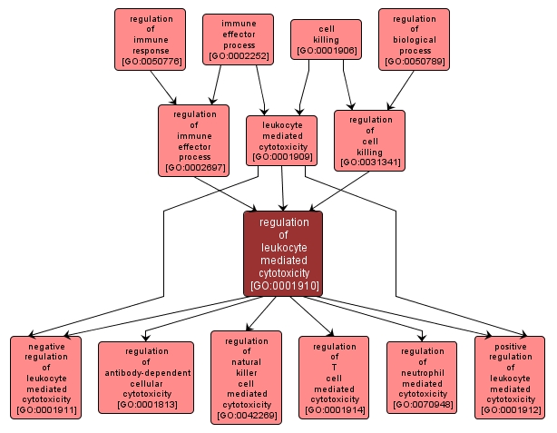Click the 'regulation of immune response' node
pos(150,40)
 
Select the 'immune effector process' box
pos(239,40)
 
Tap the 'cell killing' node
pos(326,40)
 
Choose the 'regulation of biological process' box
pos(414,40)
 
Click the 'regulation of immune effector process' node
pos(193,140)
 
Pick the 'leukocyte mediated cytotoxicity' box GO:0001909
pos(282,140)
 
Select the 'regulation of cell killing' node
pos(369,140)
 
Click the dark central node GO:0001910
pos(283,253)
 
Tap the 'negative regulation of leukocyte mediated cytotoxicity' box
pos(45,378)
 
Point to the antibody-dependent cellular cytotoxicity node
pos(146,378)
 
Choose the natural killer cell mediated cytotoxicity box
pos(246,378)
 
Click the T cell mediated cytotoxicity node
pos(334,378)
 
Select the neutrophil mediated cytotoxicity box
pos(422,378)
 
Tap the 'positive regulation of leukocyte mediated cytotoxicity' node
pos(510,378)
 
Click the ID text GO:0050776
pos(150,63)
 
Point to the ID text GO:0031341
pos(369,163)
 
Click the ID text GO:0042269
pos(246,417)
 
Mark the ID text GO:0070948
pos(422,405)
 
